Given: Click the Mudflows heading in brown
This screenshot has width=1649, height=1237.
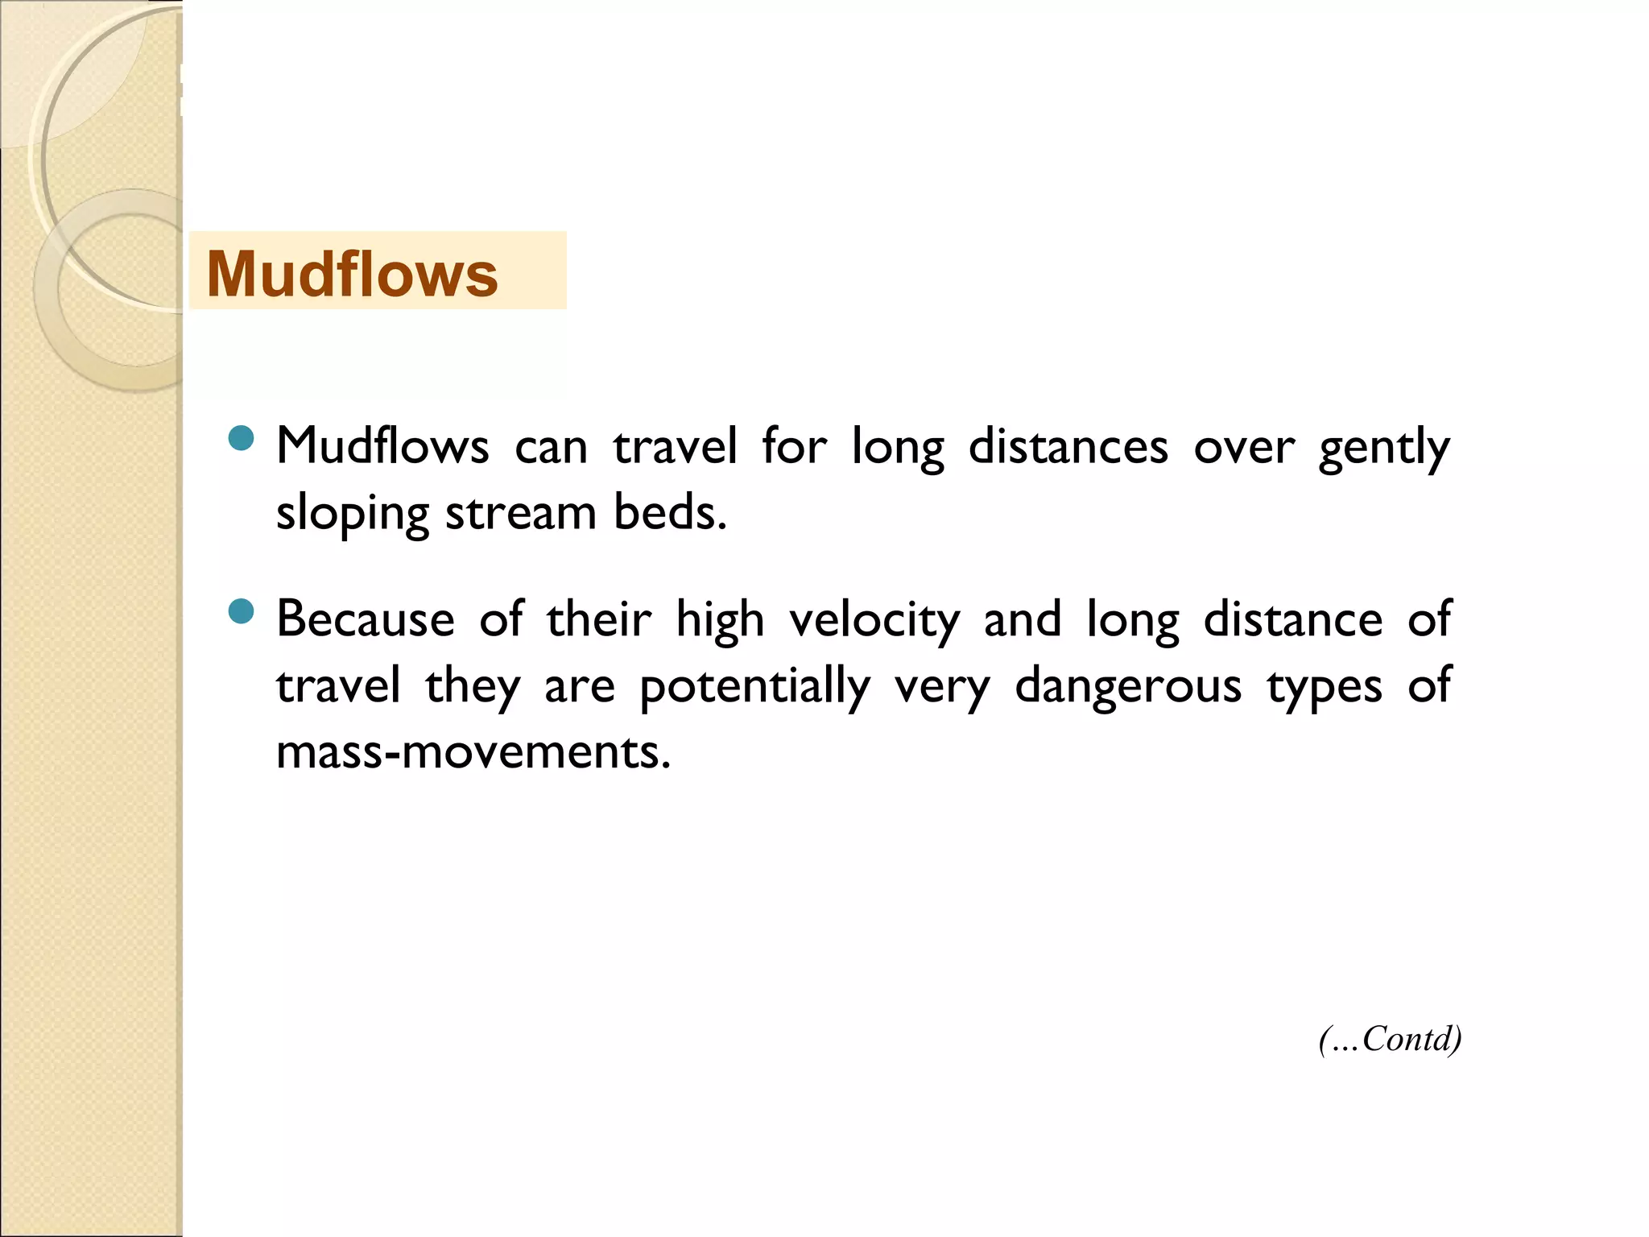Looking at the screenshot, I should pyautogui.click(x=352, y=274).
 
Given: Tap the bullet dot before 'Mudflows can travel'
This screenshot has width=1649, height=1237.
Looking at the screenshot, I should pyautogui.click(x=241, y=438).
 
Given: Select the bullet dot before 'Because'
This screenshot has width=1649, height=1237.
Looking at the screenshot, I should pyautogui.click(x=241, y=611).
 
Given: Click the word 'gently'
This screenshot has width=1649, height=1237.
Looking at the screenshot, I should pyautogui.click(x=1383, y=448).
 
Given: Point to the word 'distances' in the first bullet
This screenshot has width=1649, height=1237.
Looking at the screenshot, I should pyautogui.click(x=1068, y=446).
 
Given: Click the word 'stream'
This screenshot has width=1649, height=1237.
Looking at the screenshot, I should pyautogui.click(x=521, y=512).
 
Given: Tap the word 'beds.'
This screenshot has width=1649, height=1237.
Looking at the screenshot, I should pyautogui.click(x=670, y=512).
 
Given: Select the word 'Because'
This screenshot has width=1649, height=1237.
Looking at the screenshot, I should pyautogui.click(x=366, y=619).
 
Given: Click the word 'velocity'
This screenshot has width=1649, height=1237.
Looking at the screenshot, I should pyautogui.click(x=874, y=621).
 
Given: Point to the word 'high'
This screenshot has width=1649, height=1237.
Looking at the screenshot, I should pyautogui.click(x=720, y=621).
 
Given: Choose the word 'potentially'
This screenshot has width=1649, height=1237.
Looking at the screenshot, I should pyautogui.click(x=754, y=687).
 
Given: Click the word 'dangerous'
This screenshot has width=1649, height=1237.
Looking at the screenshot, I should pyautogui.click(x=1127, y=685).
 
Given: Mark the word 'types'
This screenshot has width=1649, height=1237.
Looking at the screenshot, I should pyautogui.click(x=1325, y=687).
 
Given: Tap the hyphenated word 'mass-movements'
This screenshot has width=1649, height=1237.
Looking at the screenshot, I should pyautogui.click(x=473, y=751).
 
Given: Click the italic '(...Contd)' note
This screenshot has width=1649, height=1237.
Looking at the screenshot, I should pyautogui.click(x=1390, y=1039).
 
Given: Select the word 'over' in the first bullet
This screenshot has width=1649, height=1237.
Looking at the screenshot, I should pyautogui.click(x=1244, y=446).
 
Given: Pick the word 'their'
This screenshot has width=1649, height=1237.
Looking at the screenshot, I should pyautogui.click(x=599, y=619).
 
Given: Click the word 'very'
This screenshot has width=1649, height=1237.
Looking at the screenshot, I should pyautogui.click(x=942, y=687).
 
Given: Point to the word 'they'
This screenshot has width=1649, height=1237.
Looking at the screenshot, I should pyautogui.click(x=473, y=687).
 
